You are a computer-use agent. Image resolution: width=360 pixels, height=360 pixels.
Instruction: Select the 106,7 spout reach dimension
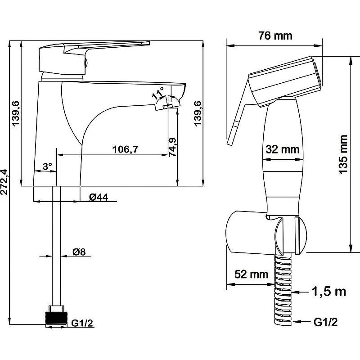click(126, 149)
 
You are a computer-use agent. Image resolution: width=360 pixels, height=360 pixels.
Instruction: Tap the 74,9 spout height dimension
click(172, 147)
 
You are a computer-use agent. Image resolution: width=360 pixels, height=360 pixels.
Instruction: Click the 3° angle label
click(48, 166)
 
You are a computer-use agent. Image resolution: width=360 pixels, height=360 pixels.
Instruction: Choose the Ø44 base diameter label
click(99, 197)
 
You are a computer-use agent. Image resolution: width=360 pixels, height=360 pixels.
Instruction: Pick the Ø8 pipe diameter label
click(79, 252)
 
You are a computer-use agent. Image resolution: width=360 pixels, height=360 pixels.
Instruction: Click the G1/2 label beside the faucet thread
click(82, 323)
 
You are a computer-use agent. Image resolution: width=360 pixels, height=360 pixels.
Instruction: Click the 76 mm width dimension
click(275, 36)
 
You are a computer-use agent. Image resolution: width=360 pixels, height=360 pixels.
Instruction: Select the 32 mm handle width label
click(283, 149)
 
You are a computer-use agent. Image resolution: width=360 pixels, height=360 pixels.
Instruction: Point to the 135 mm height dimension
click(343, 154)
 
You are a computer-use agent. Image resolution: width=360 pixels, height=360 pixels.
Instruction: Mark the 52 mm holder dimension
click(251, 274)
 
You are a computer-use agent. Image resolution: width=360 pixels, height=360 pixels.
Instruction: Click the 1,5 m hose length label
click(328, 291)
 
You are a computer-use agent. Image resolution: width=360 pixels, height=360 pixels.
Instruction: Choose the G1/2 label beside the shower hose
click(325, 322)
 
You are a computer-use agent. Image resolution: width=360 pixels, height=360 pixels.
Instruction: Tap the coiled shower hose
click(283, 289)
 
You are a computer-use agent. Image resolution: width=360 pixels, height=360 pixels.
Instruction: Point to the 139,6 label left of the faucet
click(16, 113)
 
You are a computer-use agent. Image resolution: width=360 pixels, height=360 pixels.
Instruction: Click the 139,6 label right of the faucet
click(198, 113)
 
